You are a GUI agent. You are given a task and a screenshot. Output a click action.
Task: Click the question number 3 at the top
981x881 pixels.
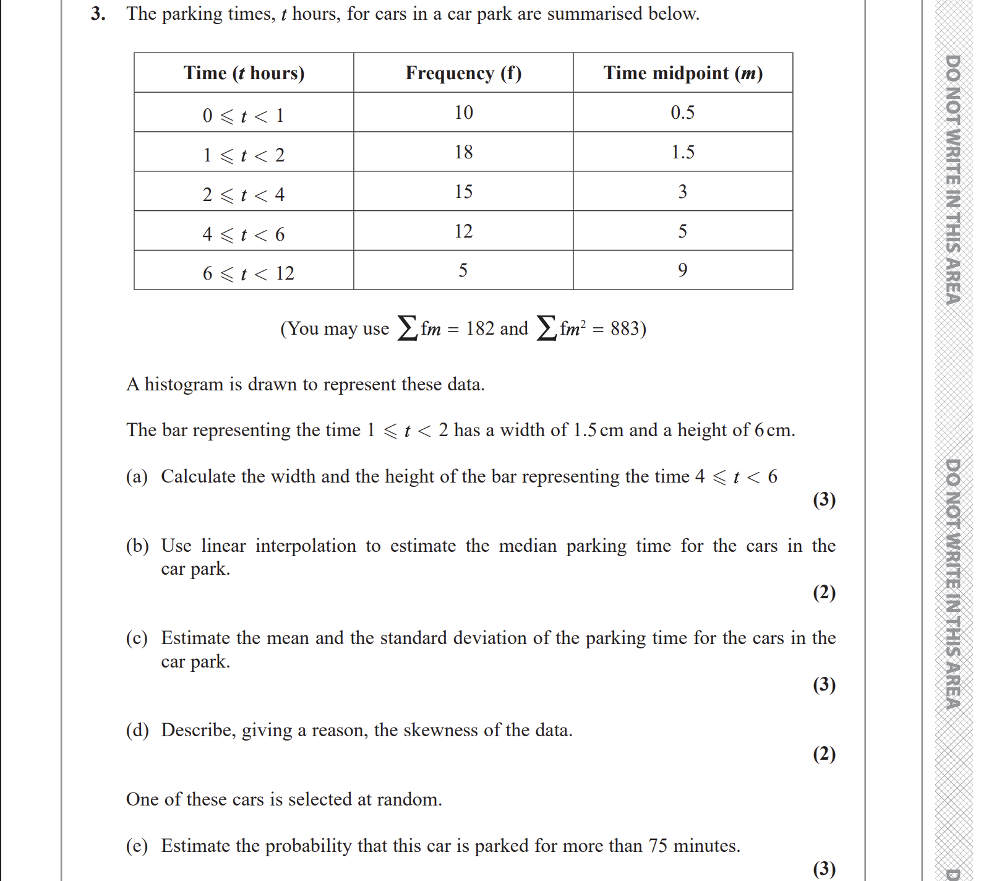tap(97, 14)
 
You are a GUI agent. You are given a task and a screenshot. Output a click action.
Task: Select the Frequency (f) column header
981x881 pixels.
tap(463, 73)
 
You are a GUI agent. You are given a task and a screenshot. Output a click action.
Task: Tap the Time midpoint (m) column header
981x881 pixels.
tap(683, 73)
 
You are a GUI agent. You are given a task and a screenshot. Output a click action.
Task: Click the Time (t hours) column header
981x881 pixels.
tap(244, 73)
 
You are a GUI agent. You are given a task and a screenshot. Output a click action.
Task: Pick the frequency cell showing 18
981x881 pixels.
tap(463, 152)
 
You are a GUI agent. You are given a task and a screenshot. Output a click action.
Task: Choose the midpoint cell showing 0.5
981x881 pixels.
tap(683, 113)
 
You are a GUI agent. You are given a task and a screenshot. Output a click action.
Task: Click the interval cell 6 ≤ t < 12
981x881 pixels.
tap(248, 273)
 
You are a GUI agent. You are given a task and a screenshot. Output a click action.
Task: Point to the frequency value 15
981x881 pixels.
tap(463, 192)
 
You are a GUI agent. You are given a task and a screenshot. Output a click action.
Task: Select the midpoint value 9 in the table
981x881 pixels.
tap(683, 270)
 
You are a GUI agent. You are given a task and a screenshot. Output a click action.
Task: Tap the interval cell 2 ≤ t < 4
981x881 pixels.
tap(244, 195)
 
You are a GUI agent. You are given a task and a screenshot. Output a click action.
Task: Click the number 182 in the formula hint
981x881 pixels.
tap(480, 329)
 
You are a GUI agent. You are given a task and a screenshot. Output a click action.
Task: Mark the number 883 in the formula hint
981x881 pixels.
tap(625, 329)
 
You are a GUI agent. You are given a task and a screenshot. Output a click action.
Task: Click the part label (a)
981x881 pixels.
tap(137, 476)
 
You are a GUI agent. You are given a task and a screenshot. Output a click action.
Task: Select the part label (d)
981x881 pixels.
tap(137, 730)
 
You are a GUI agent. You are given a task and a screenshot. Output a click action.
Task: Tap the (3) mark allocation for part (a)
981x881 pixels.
tap(824, 499)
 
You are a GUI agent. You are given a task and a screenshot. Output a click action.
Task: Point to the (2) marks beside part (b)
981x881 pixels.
tap(824, 592)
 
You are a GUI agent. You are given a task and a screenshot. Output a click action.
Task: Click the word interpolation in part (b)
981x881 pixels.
tap(306, 546)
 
